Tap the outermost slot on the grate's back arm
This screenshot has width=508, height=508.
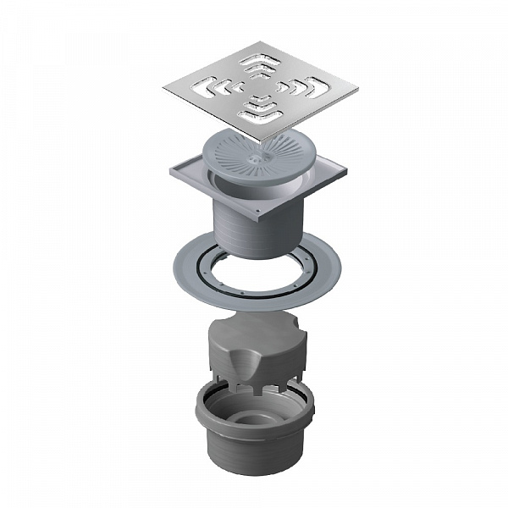pyautogui.click(x=257, y=58)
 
